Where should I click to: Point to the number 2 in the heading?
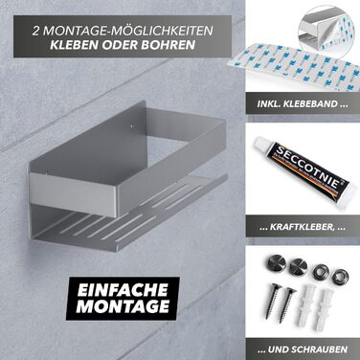(x=36, y=31)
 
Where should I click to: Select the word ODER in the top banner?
(x=120, y=44)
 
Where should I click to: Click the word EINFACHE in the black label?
(x=123, y=289)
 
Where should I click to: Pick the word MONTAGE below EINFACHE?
(x=123, y=306)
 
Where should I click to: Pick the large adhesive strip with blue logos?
(x=300, y=65)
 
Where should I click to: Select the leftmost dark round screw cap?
(x=276, y=262)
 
